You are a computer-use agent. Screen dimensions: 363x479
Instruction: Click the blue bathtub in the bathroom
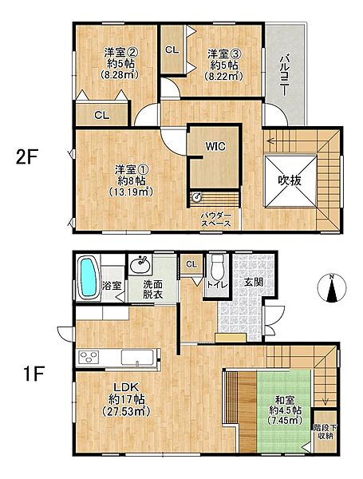(89, 277)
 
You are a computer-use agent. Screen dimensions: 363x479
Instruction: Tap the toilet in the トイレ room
(218, 267)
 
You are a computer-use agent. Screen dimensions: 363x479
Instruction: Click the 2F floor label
(26, 157)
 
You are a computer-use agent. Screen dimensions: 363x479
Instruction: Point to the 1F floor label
(34, 374)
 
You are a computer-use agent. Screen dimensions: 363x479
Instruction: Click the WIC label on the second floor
(215, 147)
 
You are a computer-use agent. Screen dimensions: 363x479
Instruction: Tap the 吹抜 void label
(290, 181)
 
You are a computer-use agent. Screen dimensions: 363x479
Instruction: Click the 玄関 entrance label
(253, 283)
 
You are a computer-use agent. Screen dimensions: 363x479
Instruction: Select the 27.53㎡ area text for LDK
(126, 411)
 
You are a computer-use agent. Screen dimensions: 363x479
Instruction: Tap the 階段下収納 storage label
(325, 432)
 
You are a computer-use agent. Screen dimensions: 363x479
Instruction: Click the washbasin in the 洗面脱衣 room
(140, 264)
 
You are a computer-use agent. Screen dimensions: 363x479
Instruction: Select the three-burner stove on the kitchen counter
(89, 357)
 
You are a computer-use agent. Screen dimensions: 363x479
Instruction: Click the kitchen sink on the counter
(137, 357)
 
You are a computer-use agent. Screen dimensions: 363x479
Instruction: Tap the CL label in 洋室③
(172, 49)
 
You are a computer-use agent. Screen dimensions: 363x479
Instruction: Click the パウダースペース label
(216, 220)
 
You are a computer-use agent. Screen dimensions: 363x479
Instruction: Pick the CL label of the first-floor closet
(191, 264)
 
